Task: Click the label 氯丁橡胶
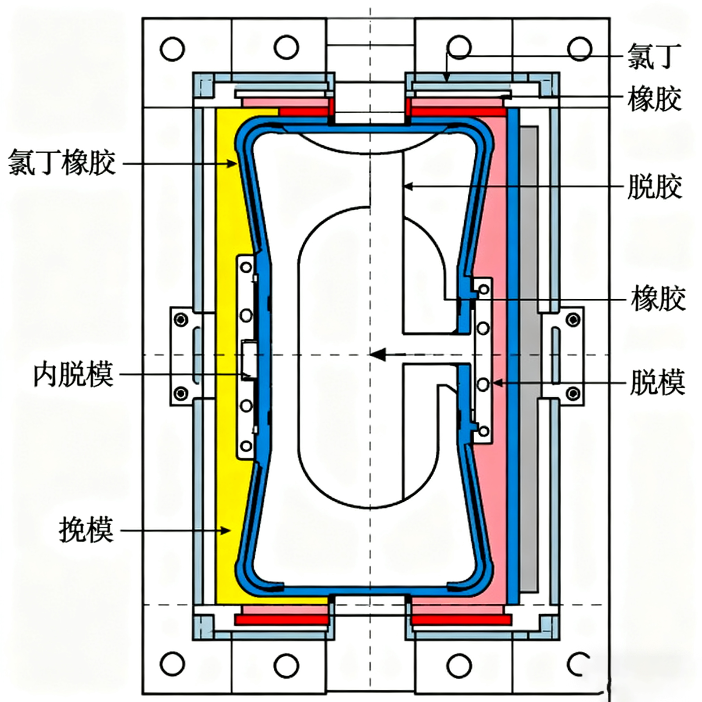click(x=62, y=163)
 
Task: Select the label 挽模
click(x=86, y=530)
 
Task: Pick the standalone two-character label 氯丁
click(x=654, y=56)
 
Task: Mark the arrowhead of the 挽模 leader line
click(x=226, y=530)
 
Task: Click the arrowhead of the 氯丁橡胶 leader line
click(x=233, y=164)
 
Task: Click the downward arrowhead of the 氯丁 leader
click(x=447, y=78)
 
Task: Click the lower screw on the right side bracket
click(x=573, y=393)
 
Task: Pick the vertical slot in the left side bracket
click(x=196, y=355)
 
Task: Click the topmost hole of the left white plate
click(x=246, y=267)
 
